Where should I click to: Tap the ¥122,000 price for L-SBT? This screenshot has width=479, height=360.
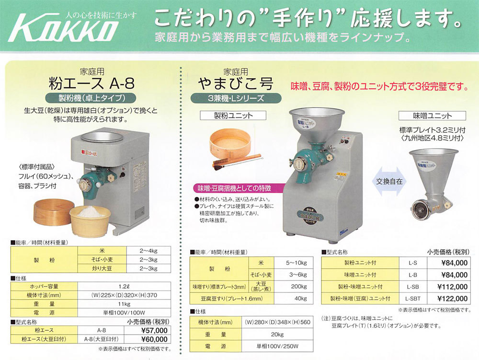[x=452, y=298]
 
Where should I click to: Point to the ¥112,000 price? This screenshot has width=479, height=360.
[x=452, y=287]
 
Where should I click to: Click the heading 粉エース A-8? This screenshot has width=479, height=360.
[x=92, y=84]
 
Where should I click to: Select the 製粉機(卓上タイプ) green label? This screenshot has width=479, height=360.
[x=92, y=98]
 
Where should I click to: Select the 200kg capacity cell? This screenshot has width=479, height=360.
[x=298, y=286]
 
